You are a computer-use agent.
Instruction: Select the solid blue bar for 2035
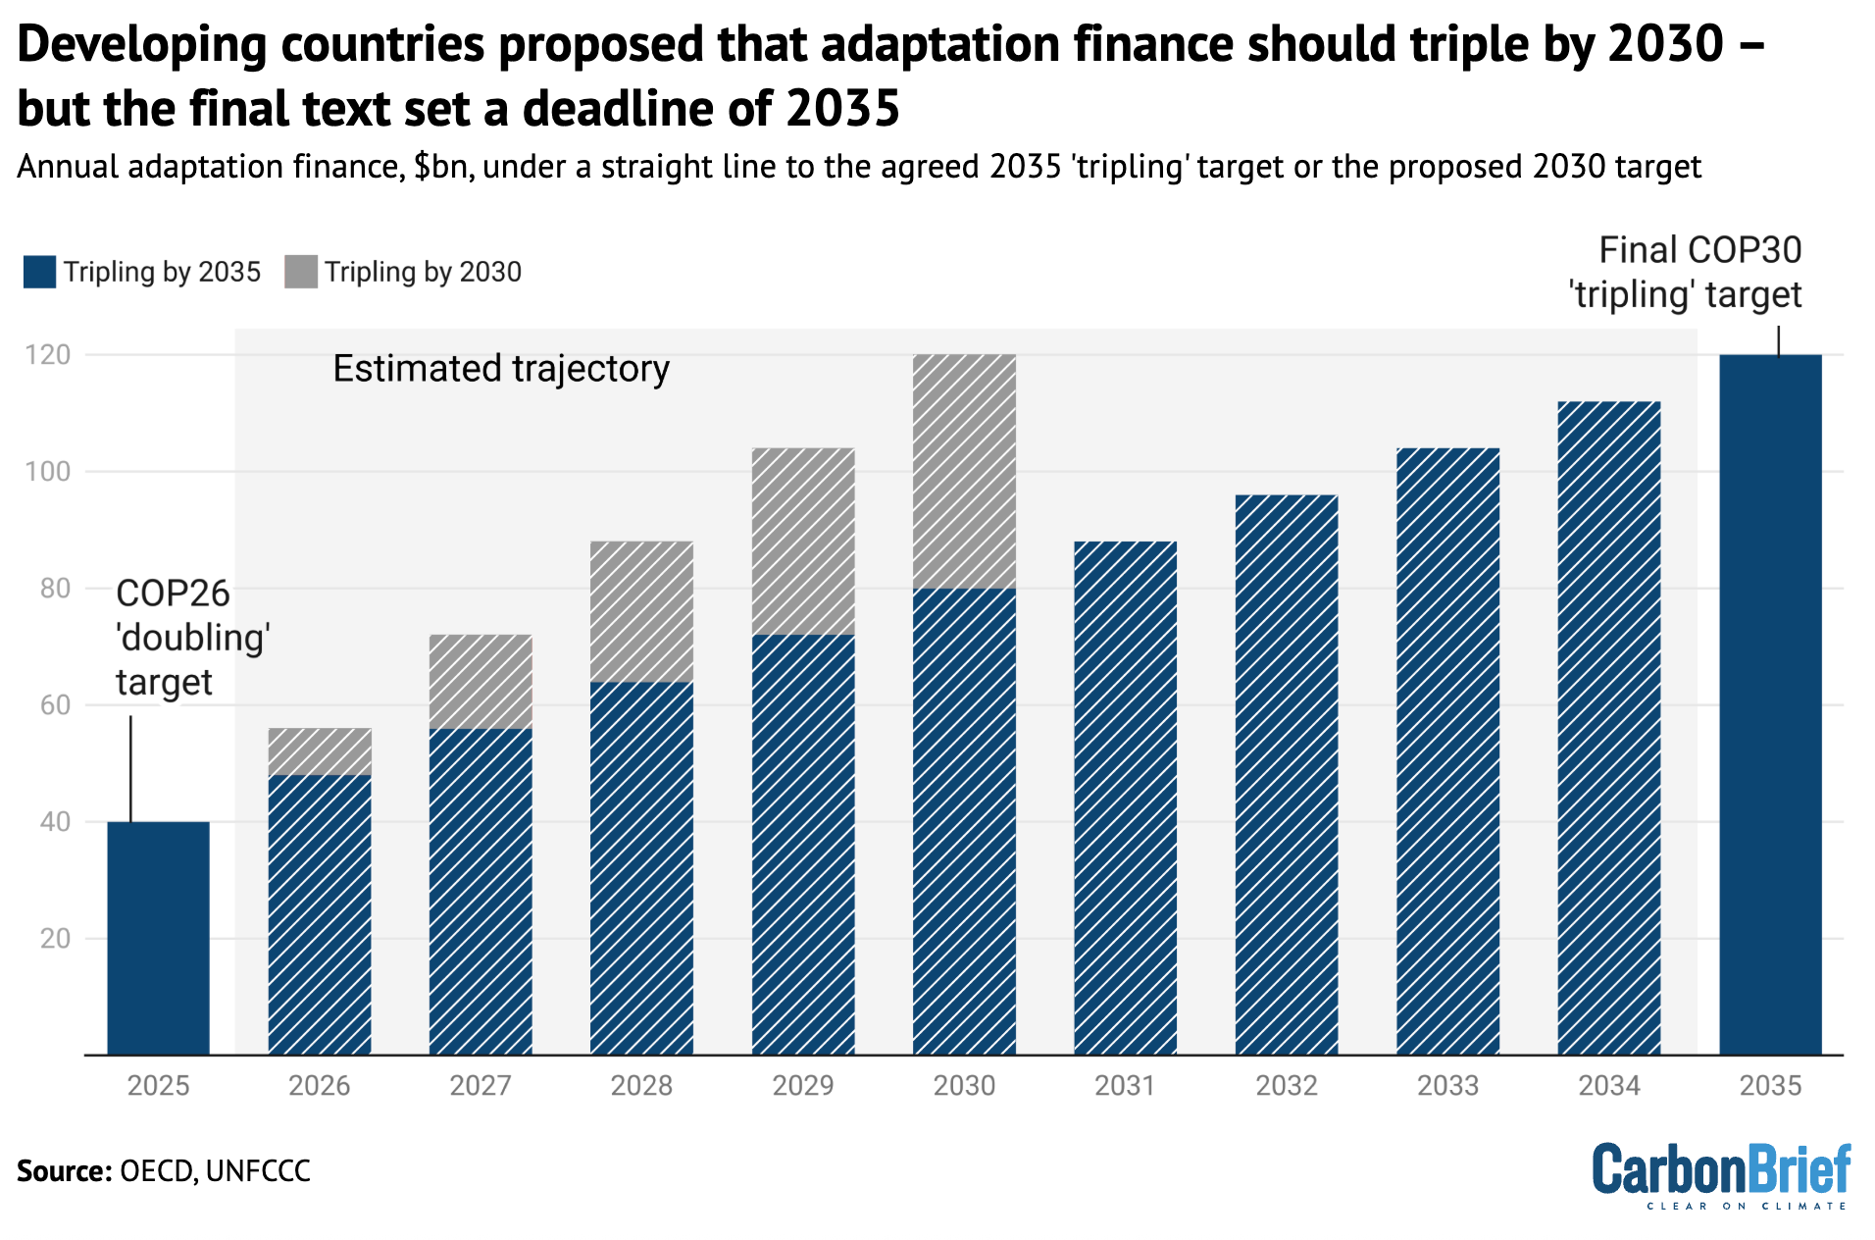[x=1770, y=704]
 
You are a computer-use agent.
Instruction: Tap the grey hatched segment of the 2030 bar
[x=964, y=471]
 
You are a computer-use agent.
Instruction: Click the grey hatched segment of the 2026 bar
[x=320, y=751]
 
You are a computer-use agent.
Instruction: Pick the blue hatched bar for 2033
[x=1447, y=750]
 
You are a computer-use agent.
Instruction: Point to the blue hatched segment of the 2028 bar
[x=641, y=867]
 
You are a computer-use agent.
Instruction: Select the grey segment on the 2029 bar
[x=803, y=541]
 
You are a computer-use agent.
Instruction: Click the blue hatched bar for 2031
[x=1125, y=797]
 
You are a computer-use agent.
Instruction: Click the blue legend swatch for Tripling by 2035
[x=40, y=272]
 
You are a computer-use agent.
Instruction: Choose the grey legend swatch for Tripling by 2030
[x=301, y=272]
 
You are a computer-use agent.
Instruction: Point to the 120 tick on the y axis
[x=48, y=355]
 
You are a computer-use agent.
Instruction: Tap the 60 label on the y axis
[x=55, y=704]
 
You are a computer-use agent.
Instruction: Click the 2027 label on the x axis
[x=481, y=1085]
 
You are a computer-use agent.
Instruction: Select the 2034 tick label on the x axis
[x=1608, y=1085]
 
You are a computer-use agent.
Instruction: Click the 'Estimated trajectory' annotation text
[x=501, y=369]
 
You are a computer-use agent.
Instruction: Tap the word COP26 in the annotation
[x=173, y=594]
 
